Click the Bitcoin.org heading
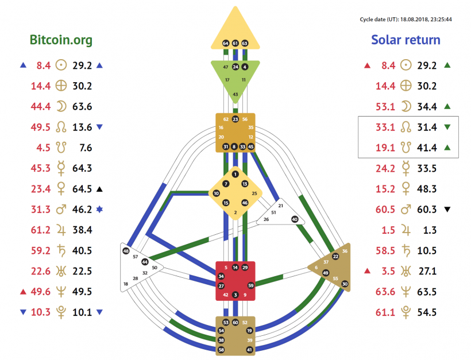(61, 40)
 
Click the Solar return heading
(406, 40)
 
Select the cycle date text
(406, 19)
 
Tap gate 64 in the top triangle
(226, 43)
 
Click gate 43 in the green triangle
(235, 94)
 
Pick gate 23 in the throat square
(235, 119)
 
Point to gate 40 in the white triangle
(295, 219)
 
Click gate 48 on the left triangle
(126, 251)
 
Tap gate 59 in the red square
(250, 285)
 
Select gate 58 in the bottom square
(221, 349)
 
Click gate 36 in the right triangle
(345, 251)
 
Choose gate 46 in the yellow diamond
(245, 203)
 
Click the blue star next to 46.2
(99, 210)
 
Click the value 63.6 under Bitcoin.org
(83, 106)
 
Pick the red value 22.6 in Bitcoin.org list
(41, 271)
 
